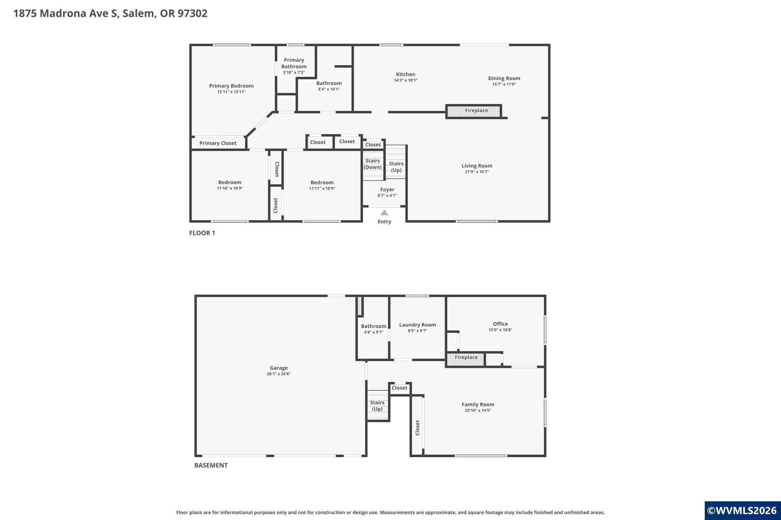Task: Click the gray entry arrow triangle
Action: [x=384, y=213]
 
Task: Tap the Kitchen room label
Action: [x=406, y=74]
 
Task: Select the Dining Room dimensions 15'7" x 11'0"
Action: [x=504, y=84]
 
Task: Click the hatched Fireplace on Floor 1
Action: [x=473, y=111]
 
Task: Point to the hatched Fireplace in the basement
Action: [x=466, y=359]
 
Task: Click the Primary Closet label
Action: [x=218, y=143]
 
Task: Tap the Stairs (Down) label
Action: [x=373, y=164]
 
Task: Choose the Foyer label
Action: [x=387, y=189]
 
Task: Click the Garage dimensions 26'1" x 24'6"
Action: [x=279, y=374]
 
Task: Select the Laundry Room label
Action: [x=418, y=325]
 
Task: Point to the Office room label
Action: [x=500, y=324]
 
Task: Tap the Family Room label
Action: [x=478, y=405]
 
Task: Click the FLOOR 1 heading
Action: [x=202, y=233]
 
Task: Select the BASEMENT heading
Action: [x=211, y=465]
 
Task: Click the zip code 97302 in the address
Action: [x=193, y=13]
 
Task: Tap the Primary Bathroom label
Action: [x=294, y=63]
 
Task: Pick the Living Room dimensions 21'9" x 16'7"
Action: [x=477, y=172]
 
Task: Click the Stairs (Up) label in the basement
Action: [x=377, y=406]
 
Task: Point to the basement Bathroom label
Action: [x=374, y=326]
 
